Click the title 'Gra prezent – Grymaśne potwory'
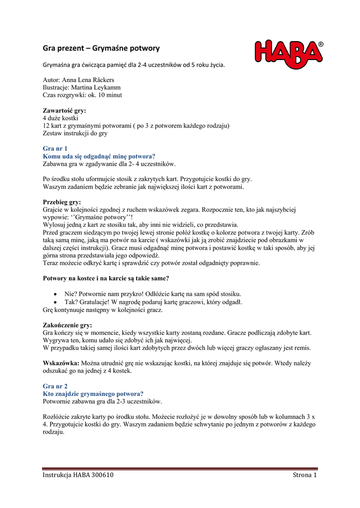tap(101, 49)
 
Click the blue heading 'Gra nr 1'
tap(55, 148)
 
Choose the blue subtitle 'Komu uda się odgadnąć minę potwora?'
tap(99, 156)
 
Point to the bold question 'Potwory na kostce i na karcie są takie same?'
tap(106, 278)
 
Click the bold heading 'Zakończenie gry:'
tap(68, 325)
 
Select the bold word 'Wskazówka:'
tap(61, 363)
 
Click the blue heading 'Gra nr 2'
tap(55, 386)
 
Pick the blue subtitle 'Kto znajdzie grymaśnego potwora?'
tap(93, 393)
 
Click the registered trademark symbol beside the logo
tap(320, 45)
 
